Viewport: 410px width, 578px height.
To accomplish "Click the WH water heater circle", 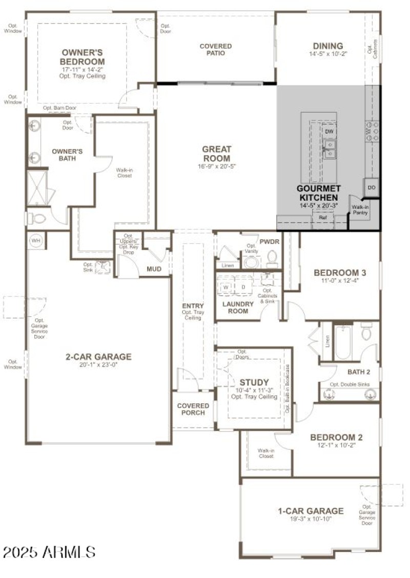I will [36, 240].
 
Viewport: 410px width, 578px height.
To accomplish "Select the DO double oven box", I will [372, 187].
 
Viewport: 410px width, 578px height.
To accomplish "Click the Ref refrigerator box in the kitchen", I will [323, 218].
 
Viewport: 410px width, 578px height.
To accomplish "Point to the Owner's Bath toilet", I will [37, 219].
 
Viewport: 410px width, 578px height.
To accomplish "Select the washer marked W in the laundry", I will [226, 287].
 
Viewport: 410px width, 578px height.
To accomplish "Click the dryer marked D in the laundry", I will [243, 287].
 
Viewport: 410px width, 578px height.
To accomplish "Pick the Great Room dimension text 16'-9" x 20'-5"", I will [216, 166].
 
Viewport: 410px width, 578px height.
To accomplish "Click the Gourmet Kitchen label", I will [318, 193].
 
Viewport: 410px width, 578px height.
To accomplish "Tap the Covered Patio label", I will [215, 50].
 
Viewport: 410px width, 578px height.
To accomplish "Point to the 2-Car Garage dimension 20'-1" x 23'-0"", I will [98, 365].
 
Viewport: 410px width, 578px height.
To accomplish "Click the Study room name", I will [254, 382].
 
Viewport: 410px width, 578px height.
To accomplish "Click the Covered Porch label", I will [193, 409].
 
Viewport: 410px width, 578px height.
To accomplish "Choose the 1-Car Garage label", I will [311, 511].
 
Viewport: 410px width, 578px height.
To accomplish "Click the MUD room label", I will [154, 269].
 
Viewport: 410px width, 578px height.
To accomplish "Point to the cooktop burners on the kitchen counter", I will [373, 132].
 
